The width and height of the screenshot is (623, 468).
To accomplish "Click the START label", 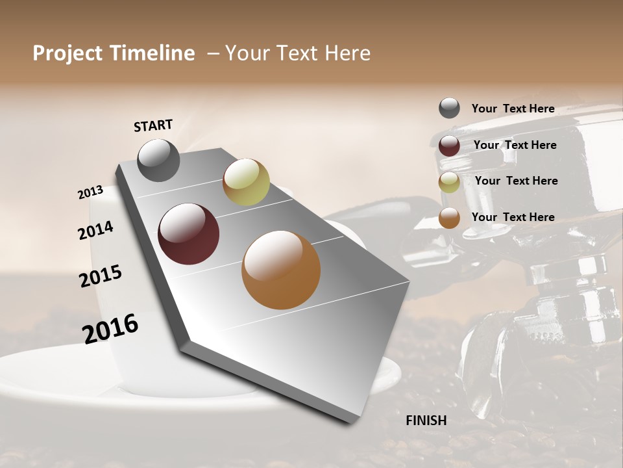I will coord(153,125).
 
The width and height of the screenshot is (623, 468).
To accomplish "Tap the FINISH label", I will coord(426,421).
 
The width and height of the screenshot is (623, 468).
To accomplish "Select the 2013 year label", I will coord(91,192).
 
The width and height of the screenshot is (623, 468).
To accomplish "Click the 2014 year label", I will coord(95,230).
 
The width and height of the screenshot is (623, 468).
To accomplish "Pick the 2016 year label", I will coord(110,329).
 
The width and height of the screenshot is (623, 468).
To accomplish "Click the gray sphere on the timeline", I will coord(158,160).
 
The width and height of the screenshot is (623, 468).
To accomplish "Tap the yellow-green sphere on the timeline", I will coord(246,182).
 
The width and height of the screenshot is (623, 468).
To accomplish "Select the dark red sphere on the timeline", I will coord(189,234).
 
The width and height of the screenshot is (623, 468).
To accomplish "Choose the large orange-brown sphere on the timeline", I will coord(281,270).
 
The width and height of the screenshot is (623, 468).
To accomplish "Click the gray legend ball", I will coord(449,108).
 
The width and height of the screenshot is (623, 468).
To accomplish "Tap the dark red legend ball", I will coord(449,146).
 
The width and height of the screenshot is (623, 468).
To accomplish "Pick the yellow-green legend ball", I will coord(449,182).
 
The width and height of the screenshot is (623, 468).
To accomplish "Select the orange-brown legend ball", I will coord(449,218).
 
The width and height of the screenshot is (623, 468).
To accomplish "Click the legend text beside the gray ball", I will coord(513,109).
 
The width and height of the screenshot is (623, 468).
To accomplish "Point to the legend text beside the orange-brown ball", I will coord(513,217).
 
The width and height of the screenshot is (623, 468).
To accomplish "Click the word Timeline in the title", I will coord(153,53).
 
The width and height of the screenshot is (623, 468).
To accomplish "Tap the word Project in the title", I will coord(66,53).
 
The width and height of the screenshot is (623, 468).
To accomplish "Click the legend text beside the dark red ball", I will coord(515,145).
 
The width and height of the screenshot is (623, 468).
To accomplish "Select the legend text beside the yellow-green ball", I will coord(516,181).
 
